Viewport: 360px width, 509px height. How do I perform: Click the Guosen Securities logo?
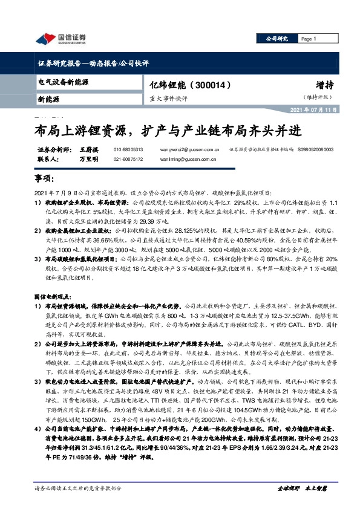(x=60, y=39)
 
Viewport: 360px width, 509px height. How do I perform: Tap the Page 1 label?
(x=309, y=39)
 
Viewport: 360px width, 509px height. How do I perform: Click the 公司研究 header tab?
(x=277, y=39)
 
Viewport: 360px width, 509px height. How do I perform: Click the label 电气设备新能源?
(x=59, y=80)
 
